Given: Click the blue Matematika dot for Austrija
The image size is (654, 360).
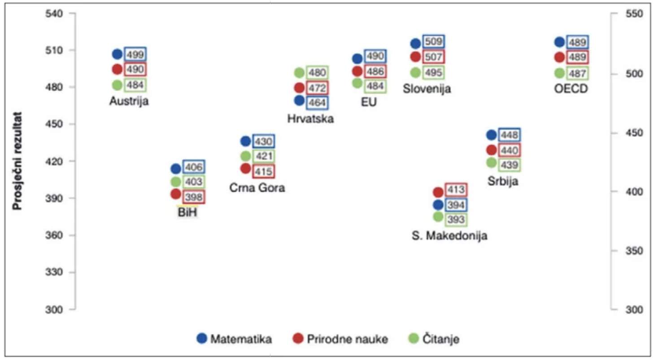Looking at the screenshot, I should pos(117,54).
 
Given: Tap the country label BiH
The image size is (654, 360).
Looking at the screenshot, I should pos(187,213).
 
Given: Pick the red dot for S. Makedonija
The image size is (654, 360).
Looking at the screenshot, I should pos(438,192).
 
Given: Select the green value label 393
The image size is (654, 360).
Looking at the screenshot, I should pos(455,220).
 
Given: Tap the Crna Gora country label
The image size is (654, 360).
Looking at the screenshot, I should pos(257,188).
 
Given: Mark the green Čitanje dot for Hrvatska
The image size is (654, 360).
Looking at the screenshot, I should pos(299,73).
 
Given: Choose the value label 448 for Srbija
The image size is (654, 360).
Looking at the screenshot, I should pos(510,135).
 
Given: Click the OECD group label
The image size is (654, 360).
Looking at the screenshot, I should pos(571,89).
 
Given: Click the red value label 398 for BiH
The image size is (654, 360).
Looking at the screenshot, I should pos(193,197).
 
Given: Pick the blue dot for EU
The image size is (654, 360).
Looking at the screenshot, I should pos(358,59).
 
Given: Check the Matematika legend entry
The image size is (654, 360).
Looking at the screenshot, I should pos(234,339).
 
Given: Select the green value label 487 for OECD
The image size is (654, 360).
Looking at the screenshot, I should pos(577,73).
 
